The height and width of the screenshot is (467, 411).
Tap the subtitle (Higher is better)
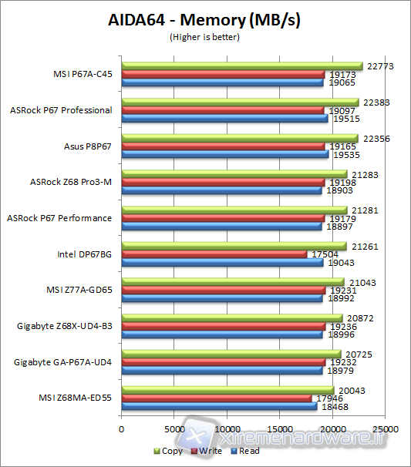pos(204,36)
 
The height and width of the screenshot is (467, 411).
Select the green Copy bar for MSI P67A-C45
pos(241,66)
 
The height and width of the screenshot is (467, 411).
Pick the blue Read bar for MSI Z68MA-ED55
pos(219,406)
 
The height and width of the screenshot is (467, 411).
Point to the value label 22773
pos(382,66)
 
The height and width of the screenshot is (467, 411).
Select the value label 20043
pos(352,391)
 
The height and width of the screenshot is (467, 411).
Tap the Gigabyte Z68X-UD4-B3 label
pos(64,326)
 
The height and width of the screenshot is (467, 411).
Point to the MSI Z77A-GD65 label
pos(79,290)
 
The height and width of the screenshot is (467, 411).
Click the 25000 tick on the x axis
pos(386,429)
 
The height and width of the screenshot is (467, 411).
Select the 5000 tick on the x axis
pos(174,429)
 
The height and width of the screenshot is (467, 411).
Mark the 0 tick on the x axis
pos(121,429)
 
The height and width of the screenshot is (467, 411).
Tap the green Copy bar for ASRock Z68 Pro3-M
pos(234,174)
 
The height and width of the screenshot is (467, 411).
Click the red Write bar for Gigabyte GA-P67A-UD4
pos(224,361)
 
